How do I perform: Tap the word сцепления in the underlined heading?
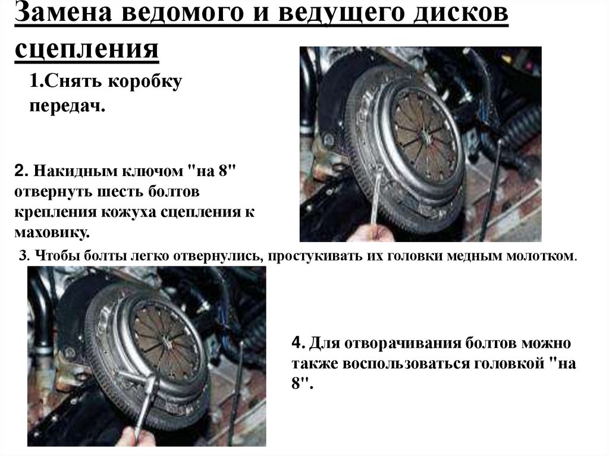point(87,48)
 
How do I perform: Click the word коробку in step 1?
point(145,81)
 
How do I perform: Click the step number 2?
point(21,171)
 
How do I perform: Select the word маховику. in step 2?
point(52,232)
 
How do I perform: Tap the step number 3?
point(24,256)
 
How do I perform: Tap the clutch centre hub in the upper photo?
point(425,136)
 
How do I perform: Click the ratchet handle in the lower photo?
point(144,404)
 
